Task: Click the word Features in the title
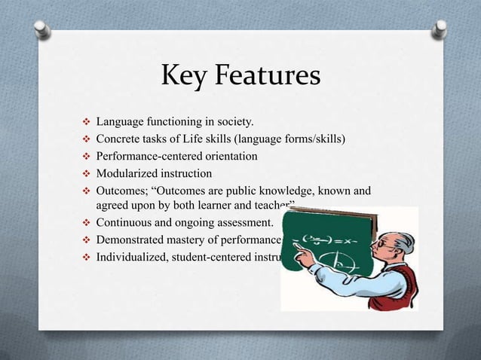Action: pos(268,78)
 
